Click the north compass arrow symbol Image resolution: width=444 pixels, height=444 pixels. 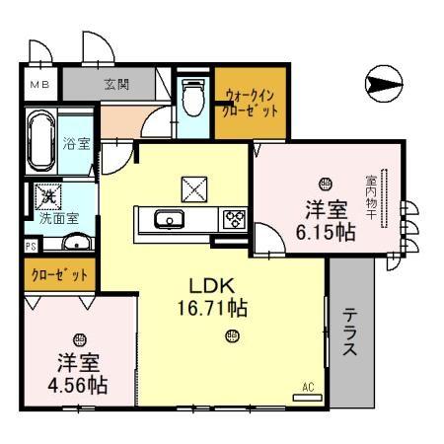tap(383, 84)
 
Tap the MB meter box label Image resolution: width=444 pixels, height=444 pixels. tap(38, 85)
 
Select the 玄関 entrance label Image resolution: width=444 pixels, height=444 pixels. tap(117, 85)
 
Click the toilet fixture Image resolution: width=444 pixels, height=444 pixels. tap(193, 97)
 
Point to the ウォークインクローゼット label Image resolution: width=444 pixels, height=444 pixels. tap(252, 104)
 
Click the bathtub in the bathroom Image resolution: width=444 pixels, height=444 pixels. tap(43, 144)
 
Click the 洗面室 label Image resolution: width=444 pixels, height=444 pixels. tap(58, 217)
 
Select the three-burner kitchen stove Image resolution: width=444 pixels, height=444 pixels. tap(235, 219)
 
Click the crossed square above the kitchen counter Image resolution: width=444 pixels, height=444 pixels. tap(192, 186)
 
